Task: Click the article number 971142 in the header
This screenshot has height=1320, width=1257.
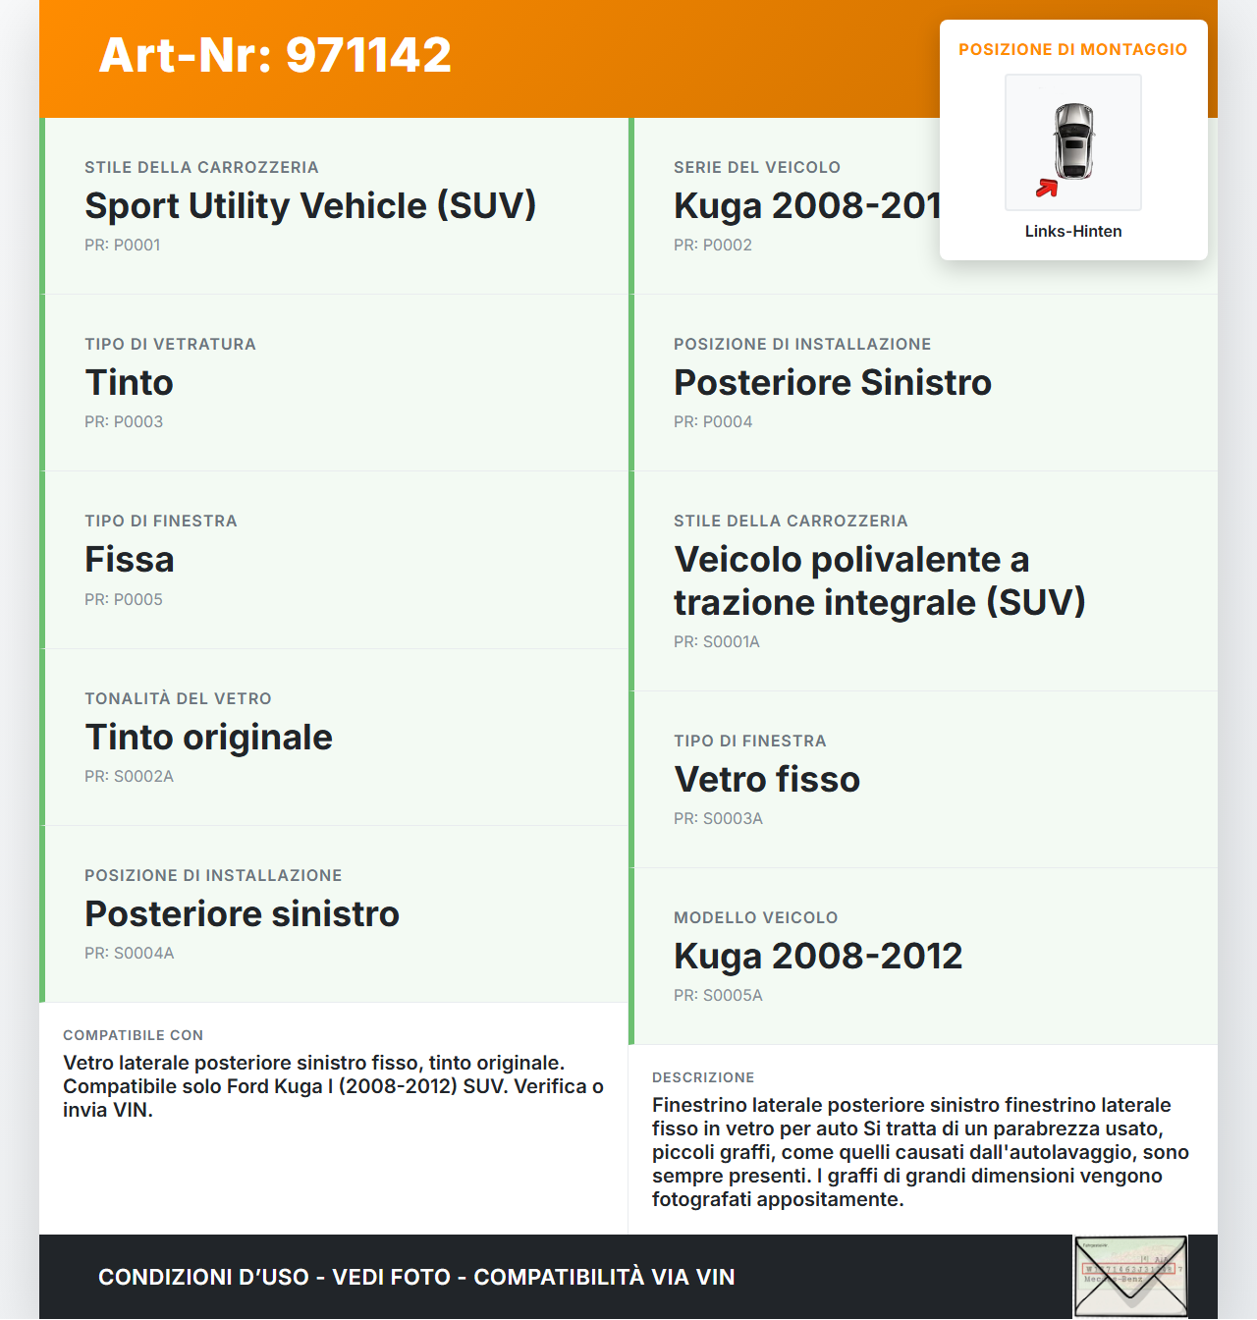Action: coord(368,55)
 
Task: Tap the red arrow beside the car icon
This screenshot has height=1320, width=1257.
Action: coord(1047,188)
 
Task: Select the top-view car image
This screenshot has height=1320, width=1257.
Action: coord(1073,141)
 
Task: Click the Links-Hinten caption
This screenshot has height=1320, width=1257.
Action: coord(1072,231)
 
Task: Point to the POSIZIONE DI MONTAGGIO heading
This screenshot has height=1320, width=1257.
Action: coord(1072,49)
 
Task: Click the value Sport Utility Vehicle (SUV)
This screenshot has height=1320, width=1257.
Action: coord(310,205)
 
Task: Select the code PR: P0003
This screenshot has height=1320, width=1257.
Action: coord(124,421)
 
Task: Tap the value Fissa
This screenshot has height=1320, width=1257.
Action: coord(130,559)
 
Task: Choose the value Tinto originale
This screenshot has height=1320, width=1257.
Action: coord(208,737)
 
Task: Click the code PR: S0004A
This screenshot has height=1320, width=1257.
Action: coord(130,953)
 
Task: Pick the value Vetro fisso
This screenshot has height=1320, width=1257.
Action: coord(767,779)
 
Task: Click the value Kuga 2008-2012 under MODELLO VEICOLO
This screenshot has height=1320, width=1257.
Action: coord(818,956)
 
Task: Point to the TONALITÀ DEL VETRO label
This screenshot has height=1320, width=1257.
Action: coord(178,698)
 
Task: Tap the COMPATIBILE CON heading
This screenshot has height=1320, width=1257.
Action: coord(133,1035)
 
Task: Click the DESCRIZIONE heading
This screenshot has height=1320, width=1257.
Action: coord(703,1077)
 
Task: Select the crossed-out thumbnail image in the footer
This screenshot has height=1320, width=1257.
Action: coord(1130,1276)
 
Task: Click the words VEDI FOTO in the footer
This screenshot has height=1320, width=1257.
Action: coord(391,1277)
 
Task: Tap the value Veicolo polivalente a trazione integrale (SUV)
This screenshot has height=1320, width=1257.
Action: coord(879,580)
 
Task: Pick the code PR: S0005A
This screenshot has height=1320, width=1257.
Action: coord(718,995)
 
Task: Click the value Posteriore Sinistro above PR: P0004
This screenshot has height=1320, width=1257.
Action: coord(833,382)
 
